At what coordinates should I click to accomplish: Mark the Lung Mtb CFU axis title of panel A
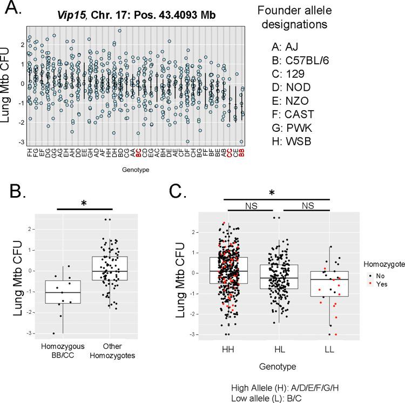click(8, 90)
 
